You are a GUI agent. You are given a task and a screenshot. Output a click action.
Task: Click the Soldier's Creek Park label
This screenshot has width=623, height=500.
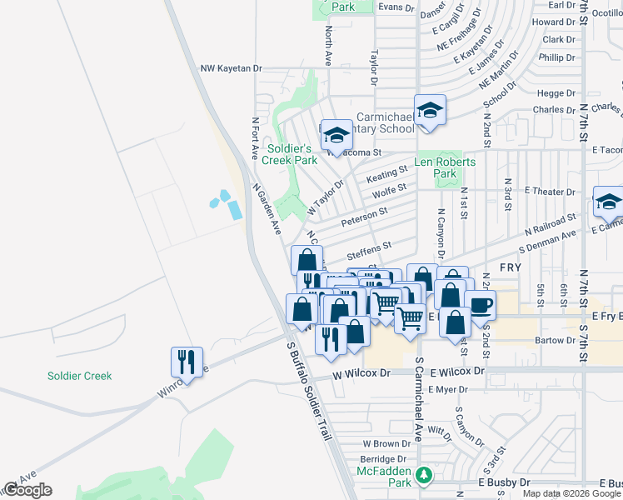(x=292, y=153)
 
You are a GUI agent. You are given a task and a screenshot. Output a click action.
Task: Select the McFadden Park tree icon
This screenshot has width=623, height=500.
(x=424, y=474)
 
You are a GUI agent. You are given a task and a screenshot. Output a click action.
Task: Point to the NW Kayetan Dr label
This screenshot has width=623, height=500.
(x=232, y=68)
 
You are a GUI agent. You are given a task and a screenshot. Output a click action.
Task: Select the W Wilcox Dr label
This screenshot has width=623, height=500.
(x=361, y=374)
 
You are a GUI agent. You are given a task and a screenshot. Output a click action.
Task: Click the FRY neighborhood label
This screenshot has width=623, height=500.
(x=510, y=267)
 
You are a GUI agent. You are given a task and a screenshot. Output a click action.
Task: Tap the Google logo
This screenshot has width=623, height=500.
(x=27, y=490)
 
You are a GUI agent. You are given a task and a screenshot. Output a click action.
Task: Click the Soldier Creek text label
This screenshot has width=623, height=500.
(x=80, y=376)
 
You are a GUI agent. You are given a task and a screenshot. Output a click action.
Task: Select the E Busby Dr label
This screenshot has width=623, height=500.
(x=504, y=482)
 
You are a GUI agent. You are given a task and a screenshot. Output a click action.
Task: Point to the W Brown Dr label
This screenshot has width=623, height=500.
(x=382, y=444)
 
